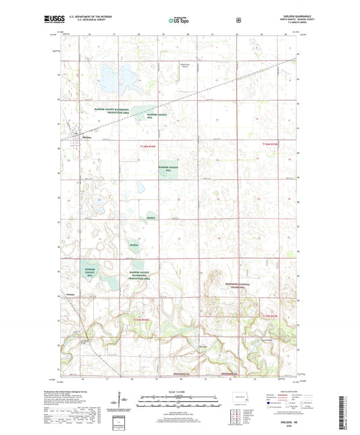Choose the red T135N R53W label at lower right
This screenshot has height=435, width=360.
269,315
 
